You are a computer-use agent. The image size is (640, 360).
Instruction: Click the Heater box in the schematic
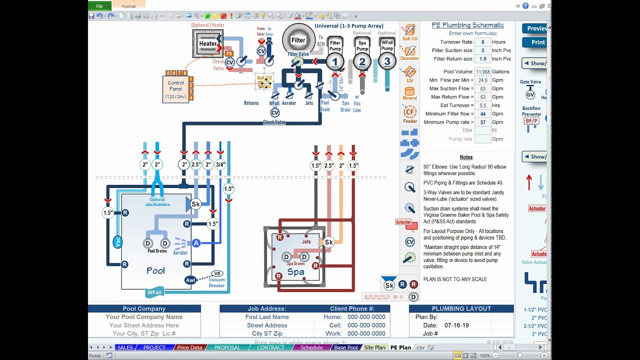pyautogui.click(x=208, y=43)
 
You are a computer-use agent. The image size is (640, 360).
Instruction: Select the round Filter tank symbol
pyautogui.click(x=298, y=40)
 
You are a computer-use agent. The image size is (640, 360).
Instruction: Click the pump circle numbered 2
pyautogui.click(x=362, y=62)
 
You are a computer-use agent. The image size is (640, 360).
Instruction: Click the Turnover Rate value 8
pyautogui.click(x=482, y=42)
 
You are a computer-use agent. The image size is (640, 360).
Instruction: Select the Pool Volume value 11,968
pyautogui.click(x=482, y=72)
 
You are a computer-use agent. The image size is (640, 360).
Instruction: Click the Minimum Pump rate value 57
pyautogui.click(x=482, y=122)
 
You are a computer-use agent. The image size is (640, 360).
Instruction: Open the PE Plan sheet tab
pyautogui.click(x=400, y=347)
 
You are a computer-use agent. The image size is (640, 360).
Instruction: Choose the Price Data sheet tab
pyautogui.click(x=189, y=347)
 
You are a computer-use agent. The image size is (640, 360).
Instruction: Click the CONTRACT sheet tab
pyautogui.click(x=270, y=347)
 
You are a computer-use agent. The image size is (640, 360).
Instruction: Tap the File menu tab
pyautogui.click(x=99, y=6)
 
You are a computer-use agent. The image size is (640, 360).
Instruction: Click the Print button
pyautogui.click(x=537, y=42)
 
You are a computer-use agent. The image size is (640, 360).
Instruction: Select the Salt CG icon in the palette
pyautogui.click(x=409, y=32)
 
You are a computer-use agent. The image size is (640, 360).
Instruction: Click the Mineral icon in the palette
pyautogui.click(x=409, y=93)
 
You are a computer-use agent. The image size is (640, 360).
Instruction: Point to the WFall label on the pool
pyautogui.click(x=154, y=292)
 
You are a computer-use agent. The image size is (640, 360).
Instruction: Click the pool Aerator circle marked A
pyautogui.click(x=196, y=243)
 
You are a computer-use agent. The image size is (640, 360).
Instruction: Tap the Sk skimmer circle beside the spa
pyautogui.click(x=328, y=242)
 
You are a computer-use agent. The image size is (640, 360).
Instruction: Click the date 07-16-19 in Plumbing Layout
pyautogui.click(x=456, y=325)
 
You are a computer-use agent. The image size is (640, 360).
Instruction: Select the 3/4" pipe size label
pyautogui.click(x=220, y=164)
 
